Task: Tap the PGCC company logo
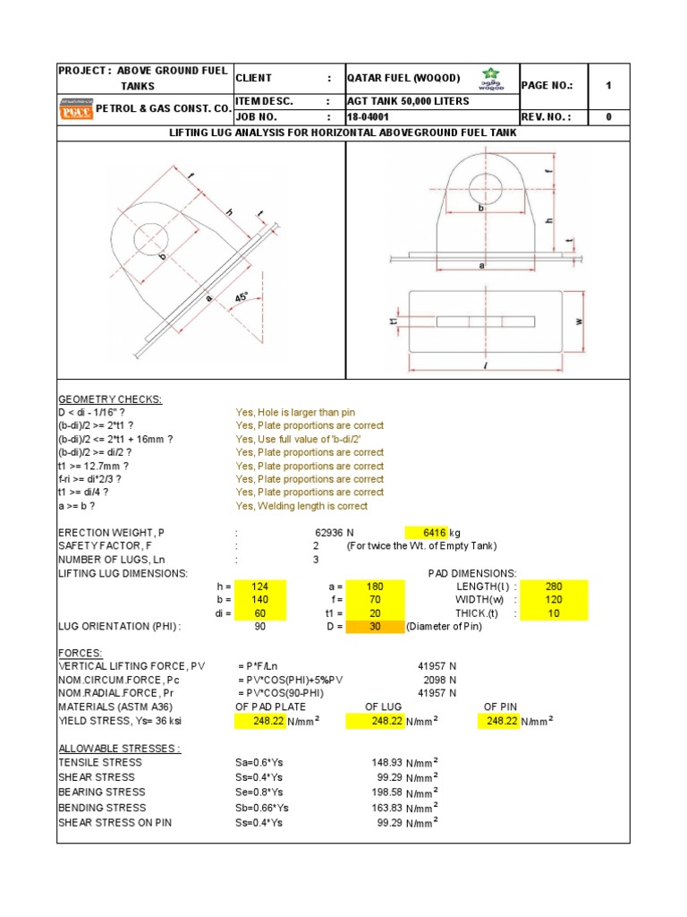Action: click(75, 109)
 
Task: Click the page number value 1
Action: click(608, 86)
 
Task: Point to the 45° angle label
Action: click(241, 296)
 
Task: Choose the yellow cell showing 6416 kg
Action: click(432, 532)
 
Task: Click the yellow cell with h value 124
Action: click(261, 587)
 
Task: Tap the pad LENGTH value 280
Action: click(555, 587)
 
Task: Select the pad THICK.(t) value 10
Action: click(555, 613)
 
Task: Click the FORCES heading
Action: click(81, 653)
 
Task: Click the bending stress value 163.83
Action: click(387, 807)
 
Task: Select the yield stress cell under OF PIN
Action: click(502, 720)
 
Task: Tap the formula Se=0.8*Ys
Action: click(259, 792)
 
